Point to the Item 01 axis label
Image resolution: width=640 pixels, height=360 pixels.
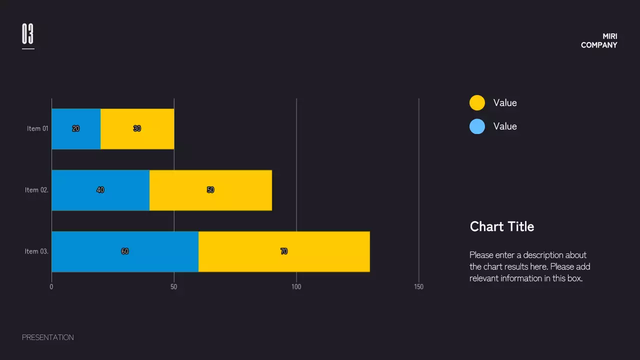37,128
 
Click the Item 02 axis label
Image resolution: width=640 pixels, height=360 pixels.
36,190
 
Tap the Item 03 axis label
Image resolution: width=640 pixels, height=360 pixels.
36,251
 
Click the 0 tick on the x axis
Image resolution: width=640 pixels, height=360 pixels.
51,287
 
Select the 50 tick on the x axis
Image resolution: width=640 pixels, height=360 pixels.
174,287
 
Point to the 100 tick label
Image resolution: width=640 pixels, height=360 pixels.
296,287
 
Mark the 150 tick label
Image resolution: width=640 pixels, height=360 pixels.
419,287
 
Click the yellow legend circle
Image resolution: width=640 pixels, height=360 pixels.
477,102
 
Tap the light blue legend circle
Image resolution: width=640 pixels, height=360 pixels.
477,126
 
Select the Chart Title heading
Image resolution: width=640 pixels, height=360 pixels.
502,226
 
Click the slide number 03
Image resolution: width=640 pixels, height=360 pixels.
27,34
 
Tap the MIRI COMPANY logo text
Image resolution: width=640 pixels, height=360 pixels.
599,40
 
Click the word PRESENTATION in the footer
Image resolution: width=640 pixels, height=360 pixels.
48,337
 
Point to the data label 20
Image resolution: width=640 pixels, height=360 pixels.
76,128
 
